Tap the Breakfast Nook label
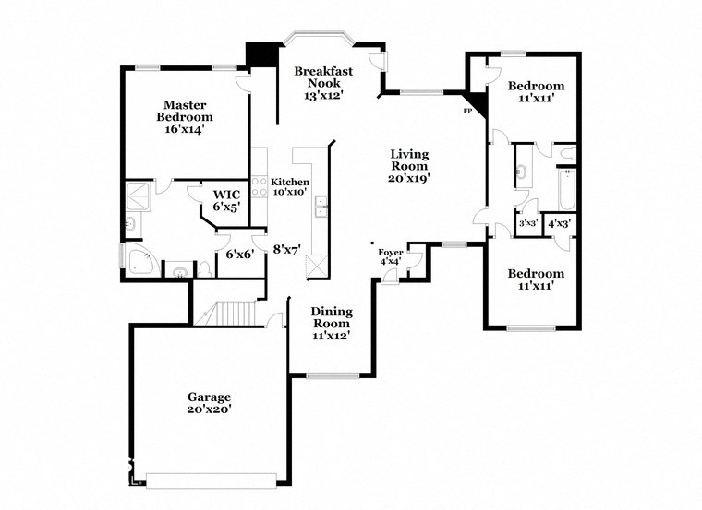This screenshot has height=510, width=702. (x=322, y=83)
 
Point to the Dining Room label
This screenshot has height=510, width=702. (x=330, y=324)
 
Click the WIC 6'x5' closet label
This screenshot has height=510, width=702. (x=226, y=200)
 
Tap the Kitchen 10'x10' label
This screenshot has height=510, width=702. (x=290, y=187)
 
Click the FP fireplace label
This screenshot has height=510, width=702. (x=466, y=112)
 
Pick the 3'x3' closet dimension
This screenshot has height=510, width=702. (x=527, y=223)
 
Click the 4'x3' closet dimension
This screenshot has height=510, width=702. (x=558, y=223)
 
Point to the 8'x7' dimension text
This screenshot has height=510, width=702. (x=287, y=248)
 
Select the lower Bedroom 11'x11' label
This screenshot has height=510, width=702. (x=536, y=279)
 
